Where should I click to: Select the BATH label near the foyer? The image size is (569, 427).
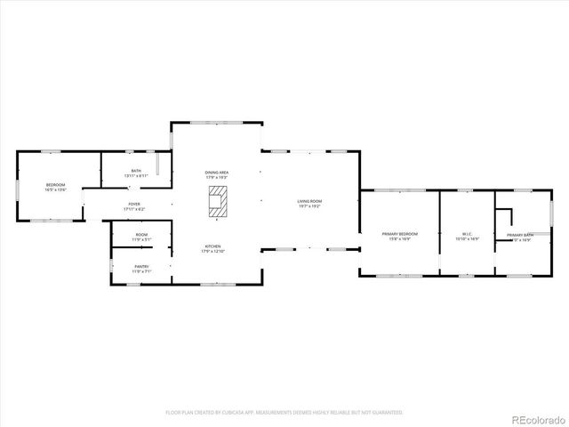tap(136, 173)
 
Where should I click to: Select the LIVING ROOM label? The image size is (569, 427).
tap(309, 204)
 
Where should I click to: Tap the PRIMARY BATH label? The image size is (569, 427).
tap(520, 237)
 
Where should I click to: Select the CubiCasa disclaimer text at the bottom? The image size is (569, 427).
tap(284, 413)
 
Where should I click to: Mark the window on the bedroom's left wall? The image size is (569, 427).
tap(17, 192)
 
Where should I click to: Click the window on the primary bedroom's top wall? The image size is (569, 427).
tap(399, 190)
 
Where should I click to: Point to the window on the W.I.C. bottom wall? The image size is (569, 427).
tap(466, 276)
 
